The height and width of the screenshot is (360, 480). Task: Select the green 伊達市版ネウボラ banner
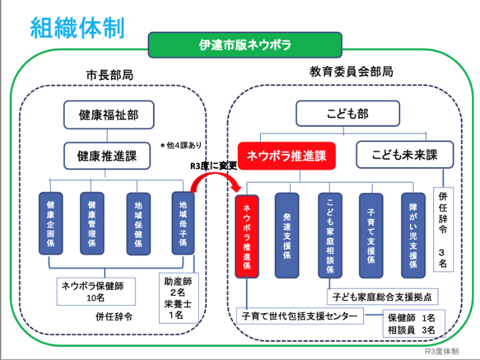point(245,45)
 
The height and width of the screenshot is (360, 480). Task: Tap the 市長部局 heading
point(109,75)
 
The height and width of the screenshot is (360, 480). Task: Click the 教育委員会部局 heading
point(351,71)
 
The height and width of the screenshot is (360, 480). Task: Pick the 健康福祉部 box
point(108,114)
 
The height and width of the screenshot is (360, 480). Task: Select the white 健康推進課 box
point(108,157)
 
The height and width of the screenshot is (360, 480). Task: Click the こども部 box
point(347,114)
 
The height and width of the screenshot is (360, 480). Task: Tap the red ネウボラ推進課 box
point(287,156)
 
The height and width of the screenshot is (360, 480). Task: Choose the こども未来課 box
point(405,155)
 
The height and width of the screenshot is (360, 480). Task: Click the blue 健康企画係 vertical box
point(50,223)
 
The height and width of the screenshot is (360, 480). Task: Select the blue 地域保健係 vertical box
point(138,223)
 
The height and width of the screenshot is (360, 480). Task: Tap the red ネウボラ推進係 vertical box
point(246,235)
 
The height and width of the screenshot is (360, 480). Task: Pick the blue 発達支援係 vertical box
point(287,235)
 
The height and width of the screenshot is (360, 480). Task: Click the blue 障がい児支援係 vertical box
point(413,235)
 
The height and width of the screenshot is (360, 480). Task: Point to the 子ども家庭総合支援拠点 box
point(382,297)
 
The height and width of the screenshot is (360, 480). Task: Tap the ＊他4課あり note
point(180,145)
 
